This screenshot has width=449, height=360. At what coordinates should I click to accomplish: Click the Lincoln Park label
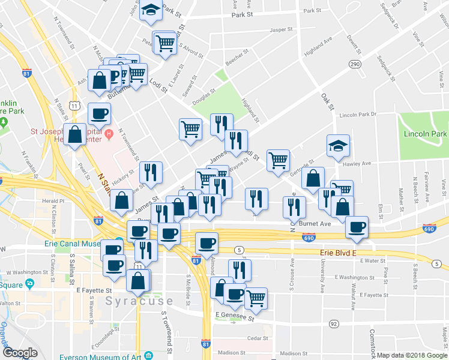(x=426, y=133)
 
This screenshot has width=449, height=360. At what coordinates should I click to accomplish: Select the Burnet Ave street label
(x=316, y=223)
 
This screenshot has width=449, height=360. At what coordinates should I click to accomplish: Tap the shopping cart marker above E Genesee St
(x=256, y=298)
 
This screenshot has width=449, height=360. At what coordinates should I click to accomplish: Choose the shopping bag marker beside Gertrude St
(x=313, y=178)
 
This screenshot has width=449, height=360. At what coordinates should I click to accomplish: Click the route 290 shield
(x=355, y=64)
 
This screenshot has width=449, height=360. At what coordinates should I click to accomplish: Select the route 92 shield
(x=333, y=324)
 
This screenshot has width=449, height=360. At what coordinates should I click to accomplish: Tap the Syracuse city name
(x=140, y=301)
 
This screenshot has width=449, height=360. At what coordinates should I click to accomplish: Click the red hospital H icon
(x=109, y=133)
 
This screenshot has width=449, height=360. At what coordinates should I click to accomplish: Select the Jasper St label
(x=281, y=29)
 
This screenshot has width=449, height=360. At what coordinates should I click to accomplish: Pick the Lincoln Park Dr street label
(x=357, y=114)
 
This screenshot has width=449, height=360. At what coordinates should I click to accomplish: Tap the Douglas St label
(x=203, y=97)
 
